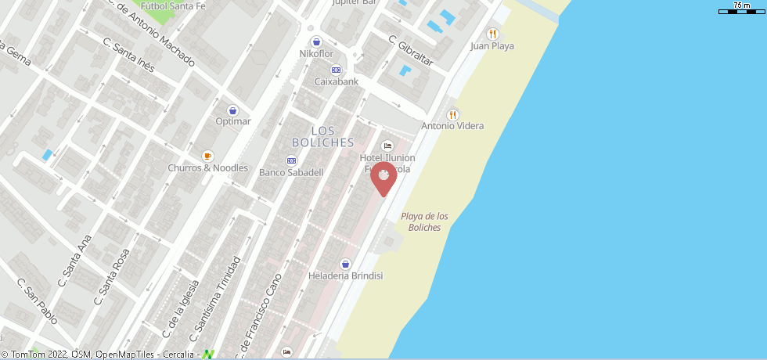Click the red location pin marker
[383, 178]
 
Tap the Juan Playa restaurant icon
[492, 34]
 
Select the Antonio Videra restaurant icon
[453, 114]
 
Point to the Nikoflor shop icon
[316, 41]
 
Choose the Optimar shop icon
[232, 110]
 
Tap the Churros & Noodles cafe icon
[207, 156]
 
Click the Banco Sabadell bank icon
[291, 160]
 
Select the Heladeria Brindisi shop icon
[345, 264]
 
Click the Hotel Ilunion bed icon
[387, 146]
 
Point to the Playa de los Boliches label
[424, 221]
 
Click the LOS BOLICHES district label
[322, 136]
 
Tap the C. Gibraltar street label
[411, 52]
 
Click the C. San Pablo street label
[38, 301]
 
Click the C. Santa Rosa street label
[112, 276]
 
